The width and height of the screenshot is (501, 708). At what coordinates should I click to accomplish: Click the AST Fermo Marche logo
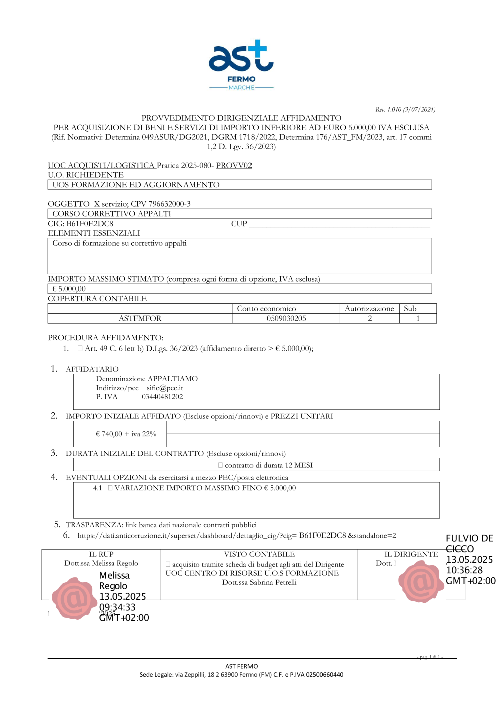coord(241,65)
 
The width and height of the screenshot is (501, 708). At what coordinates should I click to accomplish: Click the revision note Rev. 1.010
coord(405,109)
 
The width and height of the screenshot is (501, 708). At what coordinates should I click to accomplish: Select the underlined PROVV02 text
coord(234,165)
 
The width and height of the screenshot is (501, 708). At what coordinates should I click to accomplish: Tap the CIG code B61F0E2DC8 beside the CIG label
coord(90,224)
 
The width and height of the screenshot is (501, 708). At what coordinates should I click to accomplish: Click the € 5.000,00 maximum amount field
coord(69,289)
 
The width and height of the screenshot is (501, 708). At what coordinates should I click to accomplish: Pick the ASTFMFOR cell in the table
coord(140,318)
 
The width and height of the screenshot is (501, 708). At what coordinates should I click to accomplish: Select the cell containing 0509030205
coord(286,318)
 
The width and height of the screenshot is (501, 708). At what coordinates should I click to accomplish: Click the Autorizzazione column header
coord(369,309)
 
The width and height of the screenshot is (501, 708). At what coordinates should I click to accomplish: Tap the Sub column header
coord(410,309)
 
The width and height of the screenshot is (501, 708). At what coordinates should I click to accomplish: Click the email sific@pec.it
coord(165,388)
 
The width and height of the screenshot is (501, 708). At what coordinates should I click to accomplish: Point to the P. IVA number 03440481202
coord(162,397)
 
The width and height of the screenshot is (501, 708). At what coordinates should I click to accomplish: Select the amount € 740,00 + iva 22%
coord(126,434)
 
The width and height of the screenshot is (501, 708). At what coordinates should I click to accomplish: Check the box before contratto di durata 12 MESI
coord(220,465)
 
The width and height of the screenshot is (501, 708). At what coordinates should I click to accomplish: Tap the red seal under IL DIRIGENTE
coord(421,581)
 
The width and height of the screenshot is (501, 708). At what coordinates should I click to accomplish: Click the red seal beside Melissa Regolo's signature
coord(75,598)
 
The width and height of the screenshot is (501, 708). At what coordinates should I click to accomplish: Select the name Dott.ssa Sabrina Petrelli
coord(260,582)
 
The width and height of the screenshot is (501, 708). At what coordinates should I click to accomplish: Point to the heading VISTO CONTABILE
coord(260,554)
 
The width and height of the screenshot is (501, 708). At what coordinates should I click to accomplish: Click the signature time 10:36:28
coord(464,570)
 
